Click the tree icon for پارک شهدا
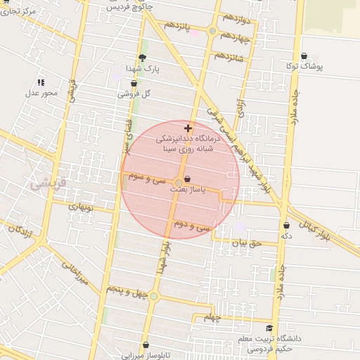(143, 58)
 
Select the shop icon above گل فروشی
(134, 84)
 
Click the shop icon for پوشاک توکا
(304, 56)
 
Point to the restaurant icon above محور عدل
(41, 82)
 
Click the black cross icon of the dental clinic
(187, 128)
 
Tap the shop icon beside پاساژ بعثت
(186, 179)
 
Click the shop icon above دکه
(286, 225)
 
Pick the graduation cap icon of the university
(269, 328)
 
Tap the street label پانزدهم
(178, 26)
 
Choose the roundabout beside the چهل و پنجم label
(154, 296)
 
